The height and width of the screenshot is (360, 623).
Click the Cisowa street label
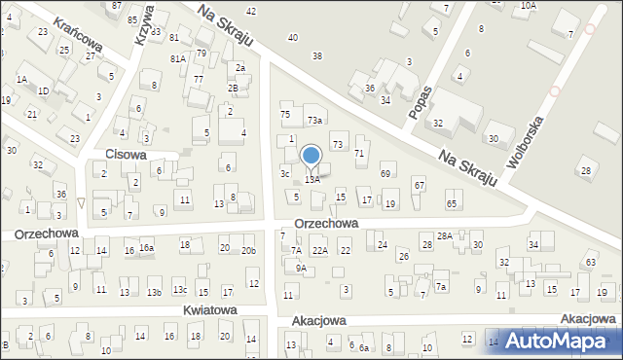pos(126,154)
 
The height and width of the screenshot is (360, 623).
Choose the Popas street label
pos(421,99)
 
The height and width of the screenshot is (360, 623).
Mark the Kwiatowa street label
pos(209,309)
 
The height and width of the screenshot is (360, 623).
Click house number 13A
pos(312,179)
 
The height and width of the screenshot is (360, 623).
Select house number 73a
pos(314,120)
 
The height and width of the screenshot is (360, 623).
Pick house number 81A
pos(178,58)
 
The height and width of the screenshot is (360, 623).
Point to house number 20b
pos(249,251)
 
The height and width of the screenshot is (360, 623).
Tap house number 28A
pos(444,236)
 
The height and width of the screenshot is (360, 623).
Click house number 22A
pos(319,251)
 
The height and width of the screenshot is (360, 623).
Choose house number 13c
pos(180,290)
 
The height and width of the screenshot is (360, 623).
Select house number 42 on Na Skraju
pos(251,11)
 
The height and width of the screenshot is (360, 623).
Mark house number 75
pos(285,115)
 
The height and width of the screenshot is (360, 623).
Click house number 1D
pos(43,90)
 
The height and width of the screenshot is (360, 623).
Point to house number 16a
pos(146,248)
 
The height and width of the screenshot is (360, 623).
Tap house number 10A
pos(528,5)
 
